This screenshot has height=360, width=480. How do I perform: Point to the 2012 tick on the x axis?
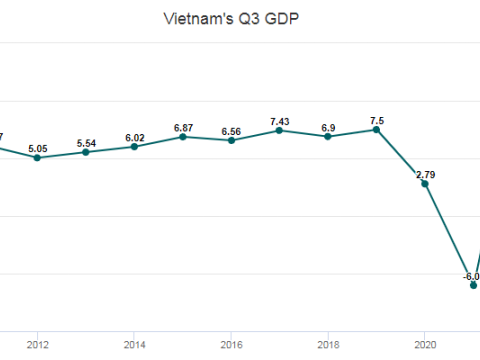pos(37,345)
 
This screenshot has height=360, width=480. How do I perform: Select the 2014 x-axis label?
pos(134,345)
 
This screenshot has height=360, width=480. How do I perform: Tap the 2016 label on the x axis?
pos(231,345)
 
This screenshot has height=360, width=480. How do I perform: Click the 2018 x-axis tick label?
pos(328,345)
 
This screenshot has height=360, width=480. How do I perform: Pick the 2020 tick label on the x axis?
pos(425,345)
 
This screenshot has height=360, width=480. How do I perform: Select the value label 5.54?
pos(86,138)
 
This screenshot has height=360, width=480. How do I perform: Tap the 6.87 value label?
pos(183,123)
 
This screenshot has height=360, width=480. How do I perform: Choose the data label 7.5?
pos(376,116)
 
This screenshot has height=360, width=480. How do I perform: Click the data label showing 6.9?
pos(328,123)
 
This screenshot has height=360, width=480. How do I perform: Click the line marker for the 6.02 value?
pos(134,146)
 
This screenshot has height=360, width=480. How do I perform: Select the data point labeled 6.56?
pos(231,140)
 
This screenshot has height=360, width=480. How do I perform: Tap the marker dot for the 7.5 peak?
pos(376,129)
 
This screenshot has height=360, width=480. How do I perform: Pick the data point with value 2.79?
pos(425,184)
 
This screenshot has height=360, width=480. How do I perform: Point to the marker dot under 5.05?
pos(37,157)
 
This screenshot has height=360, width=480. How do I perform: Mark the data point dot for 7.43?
pos(280,130)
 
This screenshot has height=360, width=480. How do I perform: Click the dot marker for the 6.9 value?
pos(328,136)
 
